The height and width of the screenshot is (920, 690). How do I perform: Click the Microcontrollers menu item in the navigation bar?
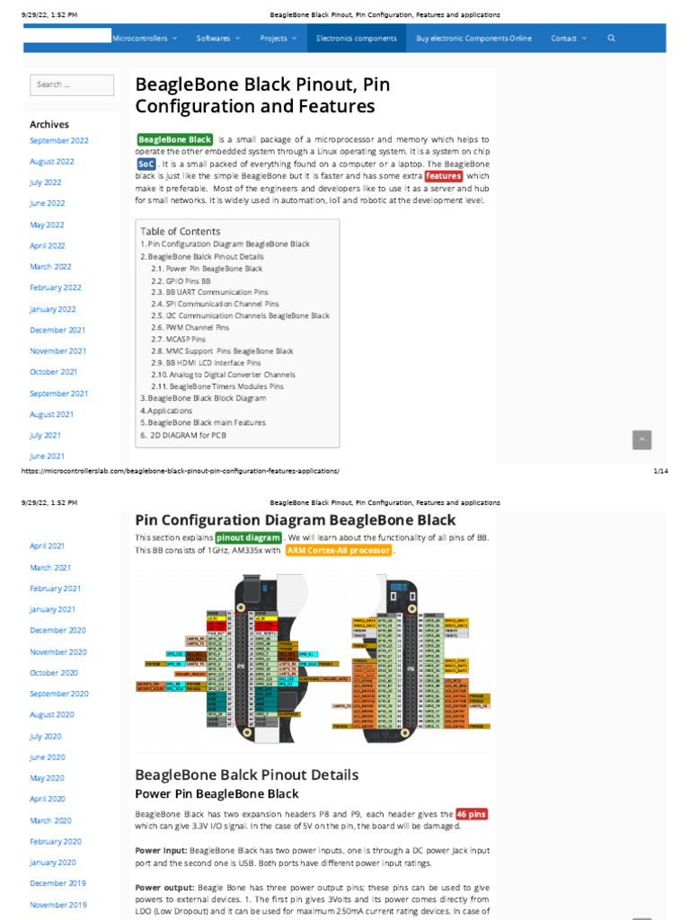tap(144, 39)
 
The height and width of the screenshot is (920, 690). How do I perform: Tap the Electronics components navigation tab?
tap(356, 39)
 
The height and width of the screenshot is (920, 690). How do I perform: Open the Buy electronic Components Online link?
tap(473, 39)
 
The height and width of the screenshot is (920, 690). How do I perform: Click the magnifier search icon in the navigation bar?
tap(611, 39)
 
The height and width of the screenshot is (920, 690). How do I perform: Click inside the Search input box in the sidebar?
tap(72, 85)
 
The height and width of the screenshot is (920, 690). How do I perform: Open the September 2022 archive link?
tap(59, 141)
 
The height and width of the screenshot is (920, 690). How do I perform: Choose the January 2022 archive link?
tap(53, 309)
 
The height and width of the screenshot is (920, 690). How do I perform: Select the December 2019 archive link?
tap(57, 883)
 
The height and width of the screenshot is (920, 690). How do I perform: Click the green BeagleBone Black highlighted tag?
tap(175, 140)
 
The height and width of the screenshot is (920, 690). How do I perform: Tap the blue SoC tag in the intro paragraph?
tap(146, 165)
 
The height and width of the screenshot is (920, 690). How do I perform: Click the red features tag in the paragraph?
tap(443, 177)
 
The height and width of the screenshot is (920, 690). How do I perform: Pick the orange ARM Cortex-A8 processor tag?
tap(339, 550)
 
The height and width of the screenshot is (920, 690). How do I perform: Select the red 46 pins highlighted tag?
tap(472, 813)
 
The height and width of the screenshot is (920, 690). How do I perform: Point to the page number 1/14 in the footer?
tap(658, 471)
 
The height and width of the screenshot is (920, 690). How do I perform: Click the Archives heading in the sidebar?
tap(49, 125)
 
